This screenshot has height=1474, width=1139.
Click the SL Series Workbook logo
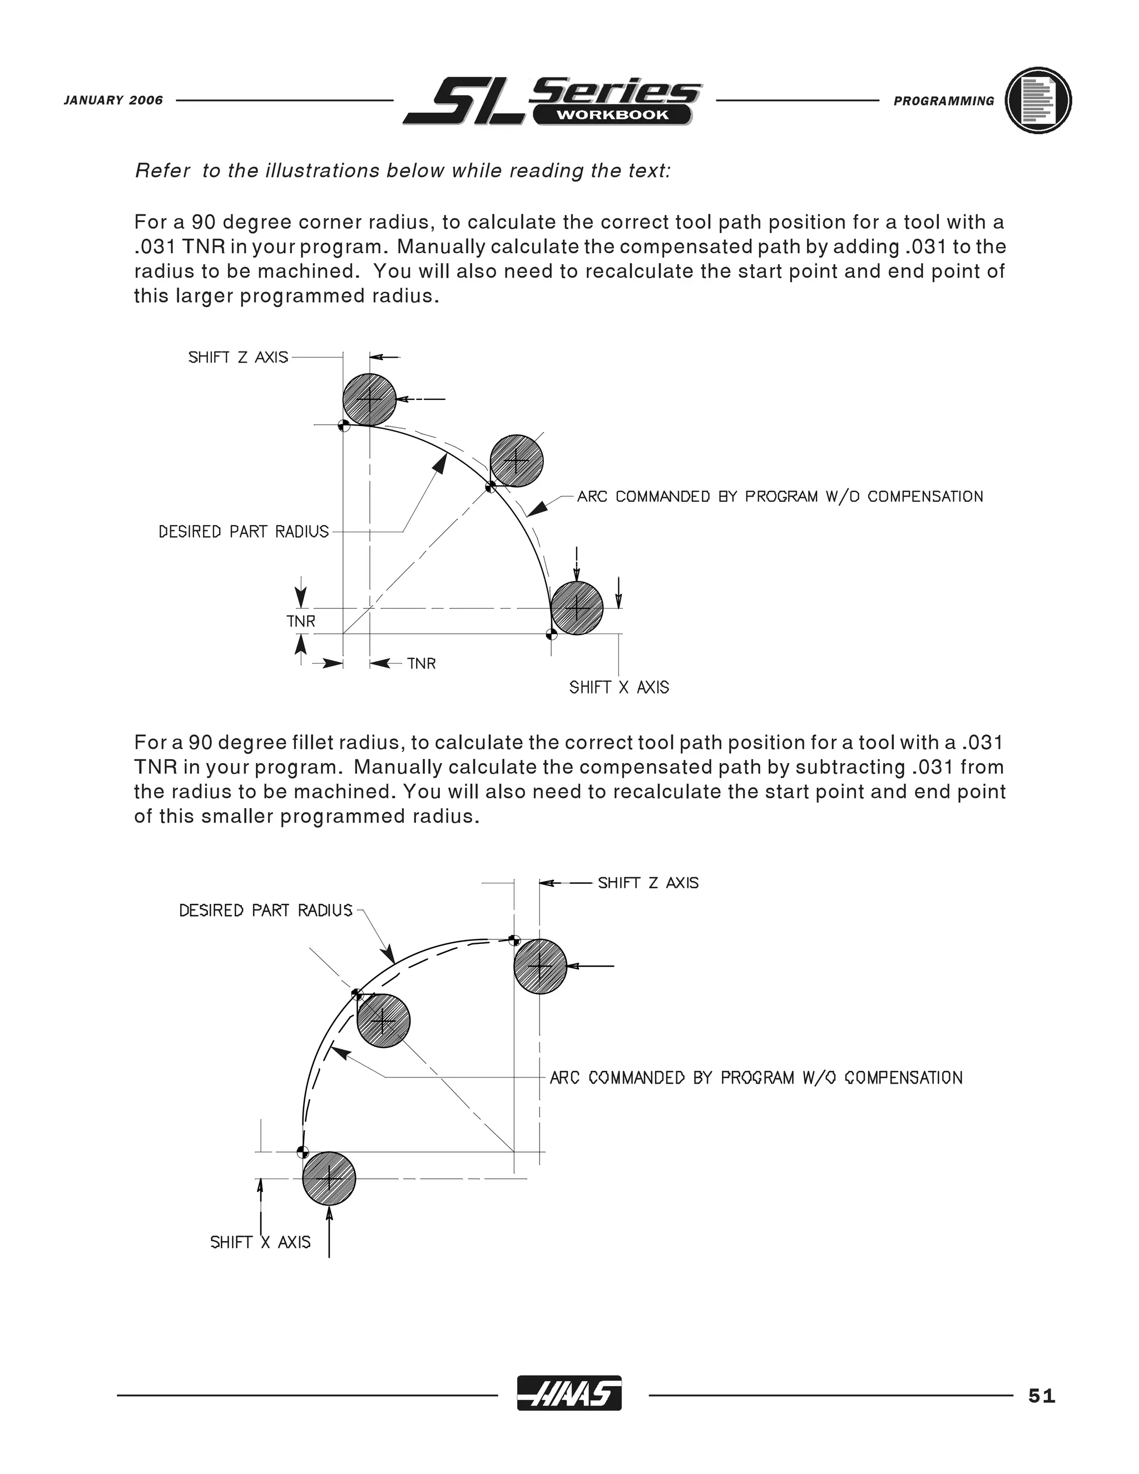(x=552, y=101)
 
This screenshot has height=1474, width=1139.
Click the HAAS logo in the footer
(x=569, y=1392)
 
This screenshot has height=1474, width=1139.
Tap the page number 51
(x=1041, y=1395)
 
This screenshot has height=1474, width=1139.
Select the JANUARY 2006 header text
(x=113, y=101)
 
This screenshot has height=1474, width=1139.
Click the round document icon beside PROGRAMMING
(x=1038, y=101)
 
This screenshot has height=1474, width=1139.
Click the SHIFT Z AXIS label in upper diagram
(x=237, y=357)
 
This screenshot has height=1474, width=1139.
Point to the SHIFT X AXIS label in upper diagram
(x=619, y=687)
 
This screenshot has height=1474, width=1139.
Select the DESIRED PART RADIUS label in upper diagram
(x=244, y=532)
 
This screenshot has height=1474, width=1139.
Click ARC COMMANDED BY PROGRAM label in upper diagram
(x=779, y=497)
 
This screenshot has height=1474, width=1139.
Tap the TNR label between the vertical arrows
(x=300, y=621)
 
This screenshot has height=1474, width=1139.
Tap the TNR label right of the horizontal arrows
(x=421, y=664)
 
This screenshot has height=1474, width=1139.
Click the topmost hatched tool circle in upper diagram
(x=369, y=399)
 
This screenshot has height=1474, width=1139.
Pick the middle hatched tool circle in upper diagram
(x=516, y=461)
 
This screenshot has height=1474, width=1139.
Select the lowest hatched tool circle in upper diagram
(x=577, y=607)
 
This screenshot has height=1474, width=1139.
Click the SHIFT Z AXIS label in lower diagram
(x=648, y=883)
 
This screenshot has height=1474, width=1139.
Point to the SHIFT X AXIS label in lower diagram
(x=260, y=1243)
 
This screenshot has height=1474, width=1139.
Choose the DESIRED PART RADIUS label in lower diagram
(x=266, y=911)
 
